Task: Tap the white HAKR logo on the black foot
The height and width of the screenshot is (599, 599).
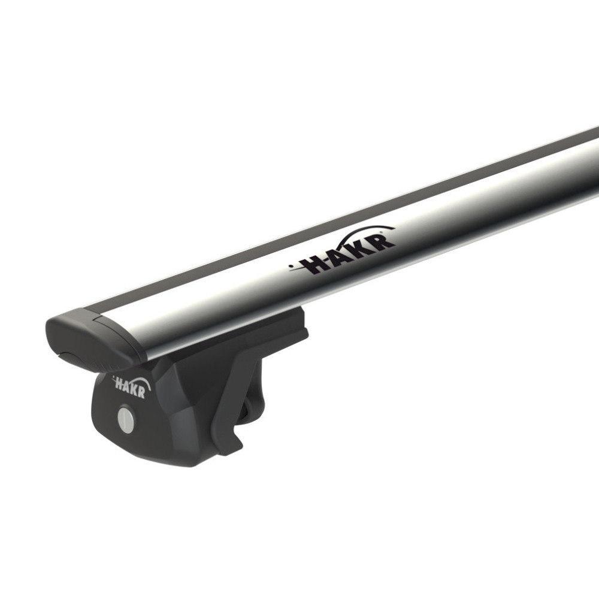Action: (131, 386)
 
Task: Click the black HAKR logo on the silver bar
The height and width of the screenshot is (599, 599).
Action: (341, 251)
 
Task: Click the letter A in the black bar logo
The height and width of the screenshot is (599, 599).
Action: (336, 257)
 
